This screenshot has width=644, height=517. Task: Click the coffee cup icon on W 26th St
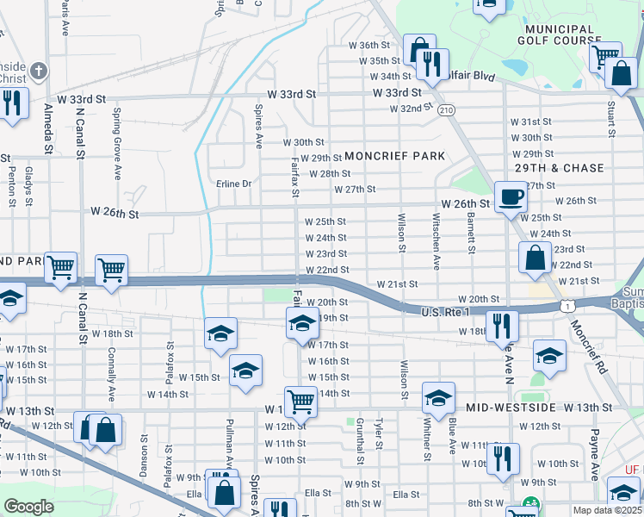tap(511, 197)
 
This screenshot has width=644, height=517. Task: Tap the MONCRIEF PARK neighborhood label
tap(395, 156)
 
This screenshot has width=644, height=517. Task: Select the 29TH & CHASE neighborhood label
tap(559, 168)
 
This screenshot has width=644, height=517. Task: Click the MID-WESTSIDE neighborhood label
tap(511, 407)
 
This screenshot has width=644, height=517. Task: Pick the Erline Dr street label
tap(233, 184)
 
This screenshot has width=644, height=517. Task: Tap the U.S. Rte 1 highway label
tap(446, 311)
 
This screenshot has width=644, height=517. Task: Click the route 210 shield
tap(445, 110)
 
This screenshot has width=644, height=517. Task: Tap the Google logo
tap(29, 508)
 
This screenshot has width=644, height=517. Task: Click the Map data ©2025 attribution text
tap(607, 510)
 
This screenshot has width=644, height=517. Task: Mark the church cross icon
tap(38, 70)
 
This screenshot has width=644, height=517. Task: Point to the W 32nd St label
tap(410, 109)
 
